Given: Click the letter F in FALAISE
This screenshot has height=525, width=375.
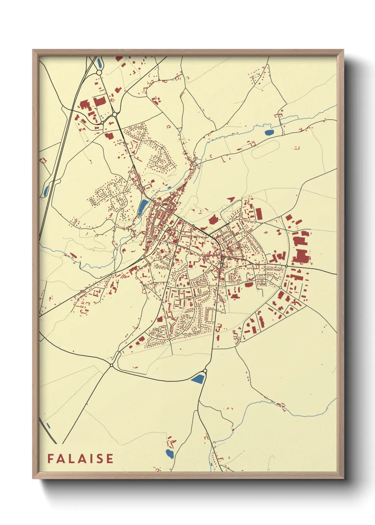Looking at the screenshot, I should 50,458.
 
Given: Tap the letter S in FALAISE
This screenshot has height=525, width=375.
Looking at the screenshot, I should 99,458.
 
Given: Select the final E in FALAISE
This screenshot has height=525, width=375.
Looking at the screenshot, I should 110,458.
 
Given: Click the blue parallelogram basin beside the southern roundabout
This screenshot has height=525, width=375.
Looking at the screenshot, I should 198,379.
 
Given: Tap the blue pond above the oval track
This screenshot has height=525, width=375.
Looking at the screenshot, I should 269,133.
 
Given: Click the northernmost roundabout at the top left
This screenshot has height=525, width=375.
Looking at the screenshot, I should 99,72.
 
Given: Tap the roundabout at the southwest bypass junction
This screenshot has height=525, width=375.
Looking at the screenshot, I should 111,365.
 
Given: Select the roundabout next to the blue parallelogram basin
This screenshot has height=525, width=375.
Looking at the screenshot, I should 205,371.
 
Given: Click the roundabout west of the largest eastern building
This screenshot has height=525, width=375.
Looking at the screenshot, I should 286,266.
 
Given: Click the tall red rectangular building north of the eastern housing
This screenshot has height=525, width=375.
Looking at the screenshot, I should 259,214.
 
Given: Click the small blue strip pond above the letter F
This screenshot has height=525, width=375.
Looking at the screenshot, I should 48,425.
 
